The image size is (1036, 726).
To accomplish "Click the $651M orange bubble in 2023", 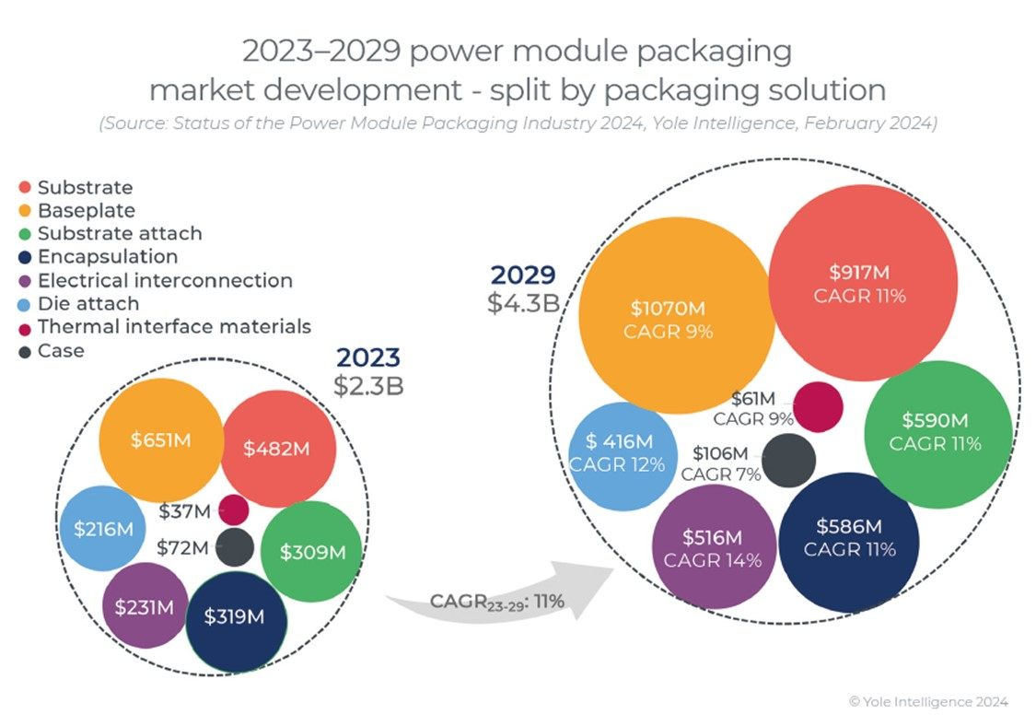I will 161,439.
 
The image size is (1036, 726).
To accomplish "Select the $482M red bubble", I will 277,449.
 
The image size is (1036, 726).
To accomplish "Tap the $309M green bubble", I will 311,552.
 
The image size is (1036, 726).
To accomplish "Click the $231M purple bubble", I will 144,607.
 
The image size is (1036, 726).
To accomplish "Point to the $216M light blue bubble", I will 102,529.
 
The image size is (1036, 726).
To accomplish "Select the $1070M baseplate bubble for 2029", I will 672,319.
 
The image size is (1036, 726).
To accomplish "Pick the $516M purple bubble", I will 713,548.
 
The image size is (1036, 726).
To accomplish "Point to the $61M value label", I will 754,398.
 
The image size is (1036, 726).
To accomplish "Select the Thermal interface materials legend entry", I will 174,326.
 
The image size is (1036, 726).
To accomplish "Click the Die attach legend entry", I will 87,303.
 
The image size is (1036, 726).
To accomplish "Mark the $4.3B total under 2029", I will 524,301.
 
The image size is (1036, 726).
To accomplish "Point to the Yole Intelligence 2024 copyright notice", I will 928,702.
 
